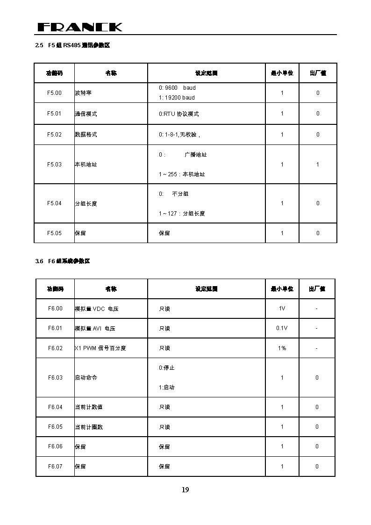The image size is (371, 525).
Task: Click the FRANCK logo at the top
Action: pyautogui.click(x=79, y=27)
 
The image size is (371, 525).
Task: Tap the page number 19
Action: pyautogui.click(x=185, y=490)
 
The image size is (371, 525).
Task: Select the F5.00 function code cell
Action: pyautogui.click(x=54, y=93)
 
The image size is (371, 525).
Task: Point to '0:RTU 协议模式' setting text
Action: pyautogui.click(x=178, y=114)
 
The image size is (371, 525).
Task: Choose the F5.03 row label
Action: pyautogui.click(x=54, y=165)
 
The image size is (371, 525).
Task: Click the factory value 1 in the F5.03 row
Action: pyautogui.click(x=318, y=165)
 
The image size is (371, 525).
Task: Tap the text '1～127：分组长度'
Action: pyautogui.click(x=182, y=214)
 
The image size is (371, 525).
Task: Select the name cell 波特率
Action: pyautogui.click(x=83, y=93)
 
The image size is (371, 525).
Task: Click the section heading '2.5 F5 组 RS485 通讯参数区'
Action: pyautogui.click(x=72, y=45)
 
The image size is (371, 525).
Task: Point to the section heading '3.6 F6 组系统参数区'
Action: pyautogui.click(x=63, y=261)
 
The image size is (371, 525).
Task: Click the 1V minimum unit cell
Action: pyautogui.click(x=282, y=309)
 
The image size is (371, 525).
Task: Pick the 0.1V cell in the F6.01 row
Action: pyautogui.click(x=282, y=328)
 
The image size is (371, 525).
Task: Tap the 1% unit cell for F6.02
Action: pyautogui.click(x=282, y=348)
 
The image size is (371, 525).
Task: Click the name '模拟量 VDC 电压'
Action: pyautogui.click(x=97, y=309)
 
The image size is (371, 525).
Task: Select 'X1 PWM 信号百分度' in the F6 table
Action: pyautogui.click(x=100, y=348)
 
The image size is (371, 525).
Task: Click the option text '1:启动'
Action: pyautogui.click(x=166, y=388)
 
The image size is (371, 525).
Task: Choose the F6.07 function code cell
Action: pyautogui.click(x=55, y=467)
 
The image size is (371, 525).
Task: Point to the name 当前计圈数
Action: pyautogui.click(x=89, y=427)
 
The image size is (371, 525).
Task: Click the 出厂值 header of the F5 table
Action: pyautogui.click(x=318, y=73)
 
